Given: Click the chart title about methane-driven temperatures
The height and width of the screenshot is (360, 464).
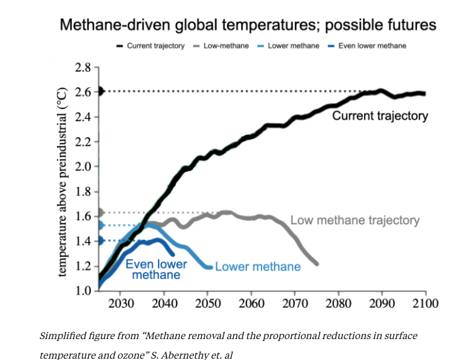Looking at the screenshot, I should click(248, 25).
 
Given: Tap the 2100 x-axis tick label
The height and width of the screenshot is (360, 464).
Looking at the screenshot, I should click(425, 304).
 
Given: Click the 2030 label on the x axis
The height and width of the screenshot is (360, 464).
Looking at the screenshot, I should click(120, 304).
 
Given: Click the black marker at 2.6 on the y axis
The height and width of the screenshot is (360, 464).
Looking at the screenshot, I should click(100, 91).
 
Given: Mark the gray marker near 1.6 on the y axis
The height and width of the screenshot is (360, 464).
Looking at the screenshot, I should click(100, 212).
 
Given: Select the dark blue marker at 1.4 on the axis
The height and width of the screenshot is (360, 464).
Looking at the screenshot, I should click(100, 241).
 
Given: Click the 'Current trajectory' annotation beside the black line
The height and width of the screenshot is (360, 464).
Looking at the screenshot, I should click(380, 116).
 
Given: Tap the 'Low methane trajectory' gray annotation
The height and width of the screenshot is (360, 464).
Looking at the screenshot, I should click(355, 220).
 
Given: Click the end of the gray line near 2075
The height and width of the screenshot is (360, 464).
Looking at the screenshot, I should click(316, 263).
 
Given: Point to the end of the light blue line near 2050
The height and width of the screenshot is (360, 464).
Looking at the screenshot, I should click(208, 267).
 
